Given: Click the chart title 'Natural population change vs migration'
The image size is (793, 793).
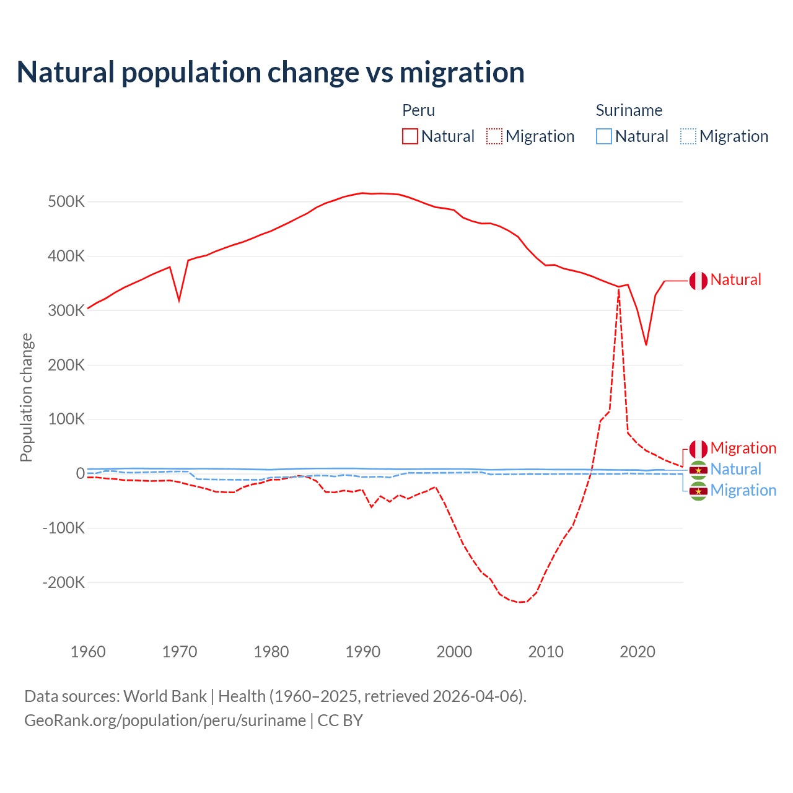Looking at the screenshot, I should pyautogui.click(x=271, y=72).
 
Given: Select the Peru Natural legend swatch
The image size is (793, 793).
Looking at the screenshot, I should pyautogui.click(x=410, y=136).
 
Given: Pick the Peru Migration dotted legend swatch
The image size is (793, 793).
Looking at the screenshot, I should pyautogui.click(x=494, y=136).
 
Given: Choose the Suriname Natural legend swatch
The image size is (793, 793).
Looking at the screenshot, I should pyautogui.click(x=604, y=136).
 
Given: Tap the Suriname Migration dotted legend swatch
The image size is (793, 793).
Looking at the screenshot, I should pyautogui.click(x=688, y=136).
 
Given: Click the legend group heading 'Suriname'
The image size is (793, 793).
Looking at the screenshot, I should pyautogui.click(x=629, y=110).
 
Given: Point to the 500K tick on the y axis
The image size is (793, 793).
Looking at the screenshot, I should pyautogui.click(x=66, y=202).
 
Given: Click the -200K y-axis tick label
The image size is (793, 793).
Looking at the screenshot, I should pyautogui.click(x=63, y=582).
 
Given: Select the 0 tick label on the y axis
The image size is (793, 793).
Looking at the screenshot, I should pyautogui.click(x=80, y=473).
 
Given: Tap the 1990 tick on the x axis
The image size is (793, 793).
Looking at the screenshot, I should pyautogui.click(x=362, y=652).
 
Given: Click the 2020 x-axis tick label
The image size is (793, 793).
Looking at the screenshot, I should pyautogui.click(x=637, y=652).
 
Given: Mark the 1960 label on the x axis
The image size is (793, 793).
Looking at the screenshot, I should pyautogui.click(x=88, y=652).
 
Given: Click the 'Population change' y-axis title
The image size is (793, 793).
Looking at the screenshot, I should pyautogui.click(x=26, y=397).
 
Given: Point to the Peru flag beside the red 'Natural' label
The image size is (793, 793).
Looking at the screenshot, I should pyautogui.click(x=698, y=281).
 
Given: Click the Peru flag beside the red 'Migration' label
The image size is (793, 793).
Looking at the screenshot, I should pyautogui.click(x=698, y=449).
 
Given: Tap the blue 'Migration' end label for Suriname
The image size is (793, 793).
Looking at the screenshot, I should pyautogui.click(x=743, y=490).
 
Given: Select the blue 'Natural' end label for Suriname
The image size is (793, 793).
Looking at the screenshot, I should pyautogui.click(x=735, y=469).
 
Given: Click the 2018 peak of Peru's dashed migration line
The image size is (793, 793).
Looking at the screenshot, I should pyautogui.click(x=618, y=290).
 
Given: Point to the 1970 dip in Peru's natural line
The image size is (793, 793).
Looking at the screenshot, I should pyautogui.click(x=179, y=300).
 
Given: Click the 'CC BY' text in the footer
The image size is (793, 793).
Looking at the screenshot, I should pyautogui.click(x=340, y=721).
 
